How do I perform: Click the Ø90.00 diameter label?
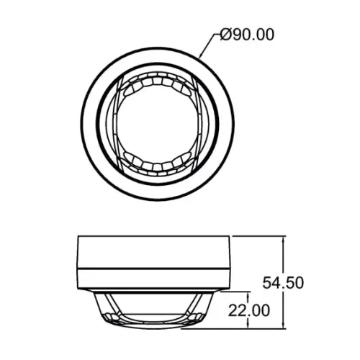coord(247,35)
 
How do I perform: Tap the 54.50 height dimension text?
coord(283,282)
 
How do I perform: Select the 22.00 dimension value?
coord(249,310)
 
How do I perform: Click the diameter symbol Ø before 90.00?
coord(226,35)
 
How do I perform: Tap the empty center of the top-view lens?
coord(157,124)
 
